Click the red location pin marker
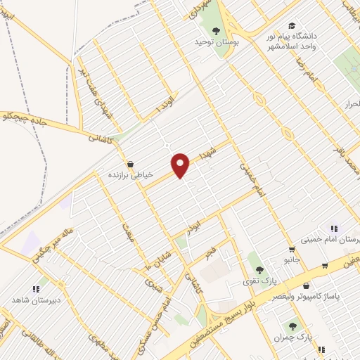(181, 165)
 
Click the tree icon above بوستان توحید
(216, 30)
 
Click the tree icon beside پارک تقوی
(259, 270)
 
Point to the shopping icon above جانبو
(292, 250)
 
